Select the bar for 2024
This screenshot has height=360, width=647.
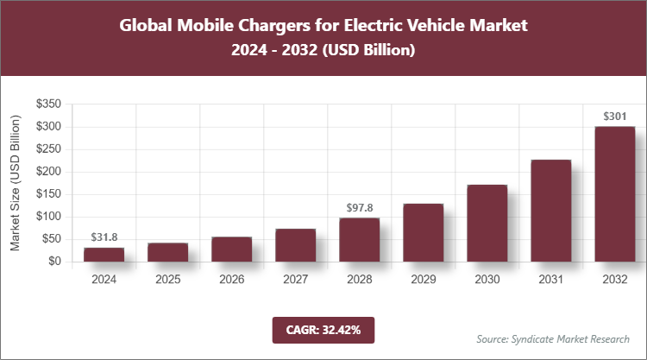tap(104, 254)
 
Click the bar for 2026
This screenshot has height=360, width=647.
tap(231, 249)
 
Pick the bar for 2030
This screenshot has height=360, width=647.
tap(487, 223)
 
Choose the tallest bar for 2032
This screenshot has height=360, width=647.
tap(614, 193)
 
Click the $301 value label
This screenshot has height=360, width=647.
tap(614, 115)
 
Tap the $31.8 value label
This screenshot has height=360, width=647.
tap(104, 236)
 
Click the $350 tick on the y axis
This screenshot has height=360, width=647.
tap(47, 104)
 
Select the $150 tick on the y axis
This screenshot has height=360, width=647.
tap(47, 194)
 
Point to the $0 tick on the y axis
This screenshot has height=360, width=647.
tap(53, 262)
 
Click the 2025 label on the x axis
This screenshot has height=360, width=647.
tap(167, 279)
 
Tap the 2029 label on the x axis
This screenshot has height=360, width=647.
tap(423, 279)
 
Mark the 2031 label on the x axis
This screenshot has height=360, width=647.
tap(550, 279)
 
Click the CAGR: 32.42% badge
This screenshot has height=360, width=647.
tap(323, 329)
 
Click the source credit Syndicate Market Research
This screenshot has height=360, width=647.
tap(553, 338)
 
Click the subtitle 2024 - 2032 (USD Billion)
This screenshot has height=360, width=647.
tap(323, 51)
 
